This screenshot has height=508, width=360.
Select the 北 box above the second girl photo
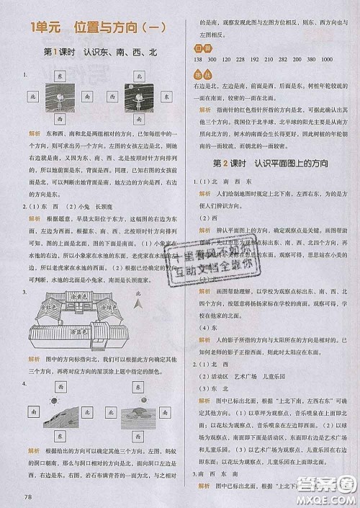(140, 75)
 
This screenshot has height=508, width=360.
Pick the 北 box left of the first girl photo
(31, 95)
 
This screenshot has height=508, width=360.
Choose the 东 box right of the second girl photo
(170, 95)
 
